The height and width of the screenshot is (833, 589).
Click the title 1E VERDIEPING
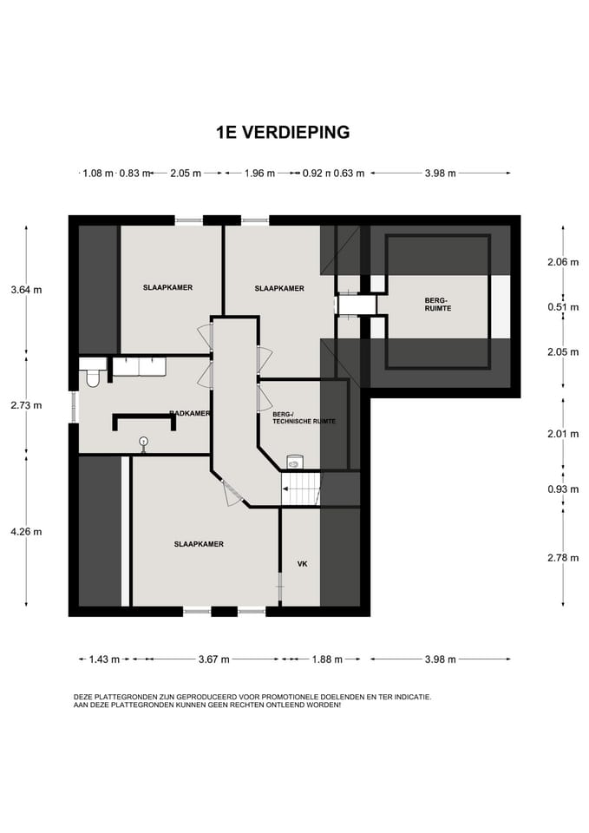pos(283,132)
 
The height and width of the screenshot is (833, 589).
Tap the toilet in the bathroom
pos(92,373)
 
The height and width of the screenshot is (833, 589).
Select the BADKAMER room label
pos(190,413)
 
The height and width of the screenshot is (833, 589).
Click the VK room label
pos(302,564)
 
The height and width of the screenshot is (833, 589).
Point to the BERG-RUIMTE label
pos(438,305)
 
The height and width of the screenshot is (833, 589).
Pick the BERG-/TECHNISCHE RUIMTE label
pos(304,417)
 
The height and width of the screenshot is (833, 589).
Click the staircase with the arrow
pos(301,489)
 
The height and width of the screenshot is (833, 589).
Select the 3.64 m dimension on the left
pos(26,290)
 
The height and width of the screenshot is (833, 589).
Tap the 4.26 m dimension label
pos(26,532)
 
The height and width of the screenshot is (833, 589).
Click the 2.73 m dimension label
pos(26,405)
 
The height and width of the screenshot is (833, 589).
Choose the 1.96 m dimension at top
pos(259,174)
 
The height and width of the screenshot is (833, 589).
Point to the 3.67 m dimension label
pos(214,659)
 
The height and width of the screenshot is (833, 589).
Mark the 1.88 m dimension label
pos(327,659)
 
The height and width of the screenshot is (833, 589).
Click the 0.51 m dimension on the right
pos(563,307)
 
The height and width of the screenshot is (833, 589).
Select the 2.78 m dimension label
pos(563,558)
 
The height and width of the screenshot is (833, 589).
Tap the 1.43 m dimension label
pos(104,659)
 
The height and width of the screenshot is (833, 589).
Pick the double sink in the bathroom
pos(139,367)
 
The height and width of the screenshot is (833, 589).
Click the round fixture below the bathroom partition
pos(143,442)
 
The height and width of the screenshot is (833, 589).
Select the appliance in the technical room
pos(294,461)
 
